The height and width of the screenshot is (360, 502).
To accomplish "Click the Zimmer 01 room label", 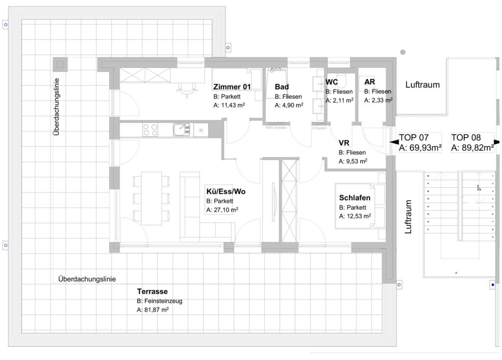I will (232, 87).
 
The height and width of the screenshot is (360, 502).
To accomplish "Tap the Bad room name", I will (281, 87).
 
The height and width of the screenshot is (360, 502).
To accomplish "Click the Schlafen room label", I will (354, 198).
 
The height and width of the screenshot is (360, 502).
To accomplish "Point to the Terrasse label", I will (152, 291).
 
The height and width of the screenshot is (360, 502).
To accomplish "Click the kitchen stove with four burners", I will (150, 130).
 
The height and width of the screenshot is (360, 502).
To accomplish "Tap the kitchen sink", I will (180, 130).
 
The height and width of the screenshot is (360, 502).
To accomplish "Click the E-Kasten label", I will (320, 127).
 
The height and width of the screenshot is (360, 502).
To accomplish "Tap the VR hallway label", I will (344, 143).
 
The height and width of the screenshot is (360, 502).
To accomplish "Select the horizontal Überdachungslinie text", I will (87, 279).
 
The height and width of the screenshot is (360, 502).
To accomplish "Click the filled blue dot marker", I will (493, 284).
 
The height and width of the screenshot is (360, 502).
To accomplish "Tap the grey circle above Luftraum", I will (403, 51).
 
